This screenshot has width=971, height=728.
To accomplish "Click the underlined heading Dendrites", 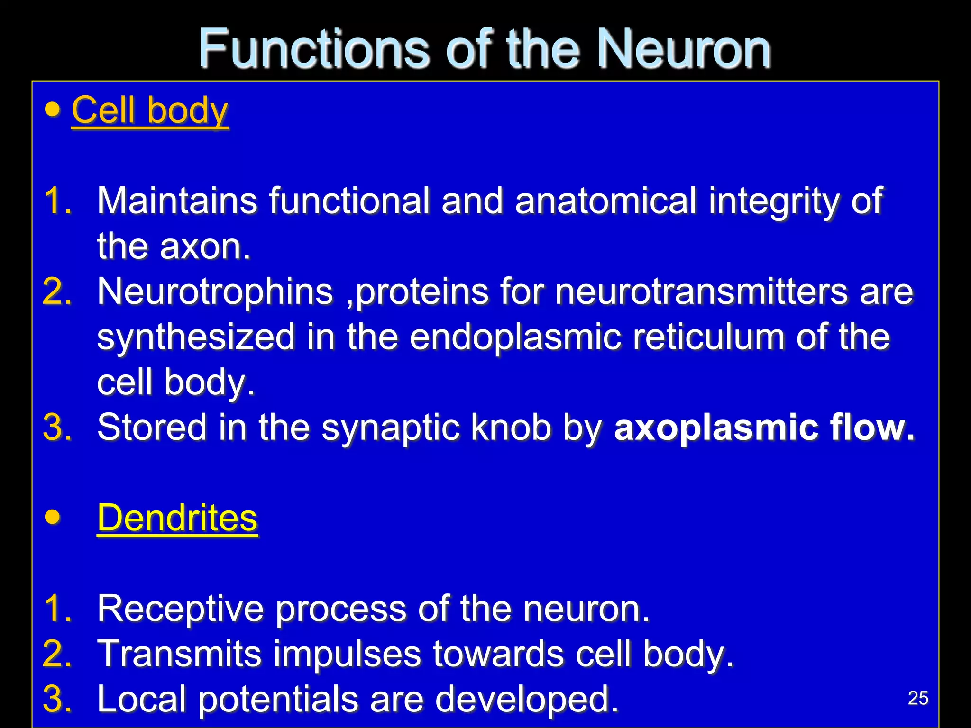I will (x=177, y=518).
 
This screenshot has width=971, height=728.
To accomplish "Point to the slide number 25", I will (x=918, y=698).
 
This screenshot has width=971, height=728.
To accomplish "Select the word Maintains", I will (x=177, y=201).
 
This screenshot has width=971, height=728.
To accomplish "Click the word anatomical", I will (x=606, y=201).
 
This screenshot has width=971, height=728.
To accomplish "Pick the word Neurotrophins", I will (x=215, y=291).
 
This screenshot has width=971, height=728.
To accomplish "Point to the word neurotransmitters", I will (x=701, y=291).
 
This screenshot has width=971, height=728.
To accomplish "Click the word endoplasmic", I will (x=515, y=337).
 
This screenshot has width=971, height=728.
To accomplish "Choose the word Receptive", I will (x=180, y=609).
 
